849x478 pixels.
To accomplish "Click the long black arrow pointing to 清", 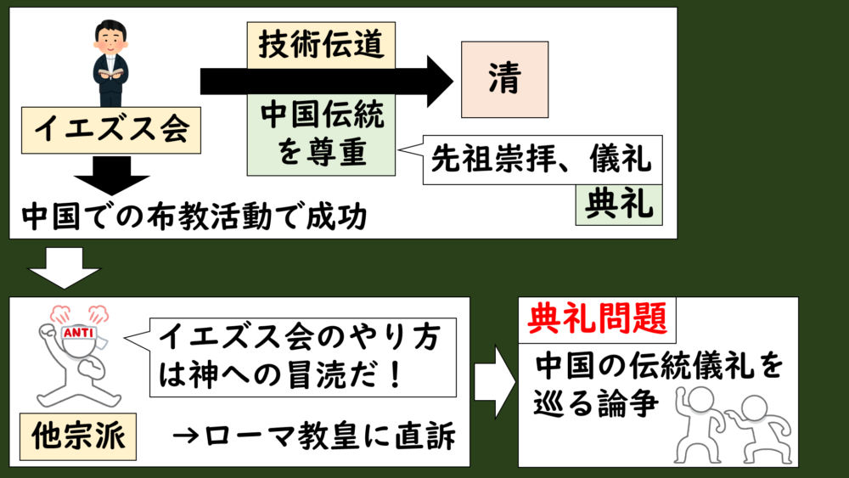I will point(327,82).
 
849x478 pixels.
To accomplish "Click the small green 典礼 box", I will point(618,204).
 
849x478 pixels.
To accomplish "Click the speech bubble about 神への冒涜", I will point(301,357).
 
